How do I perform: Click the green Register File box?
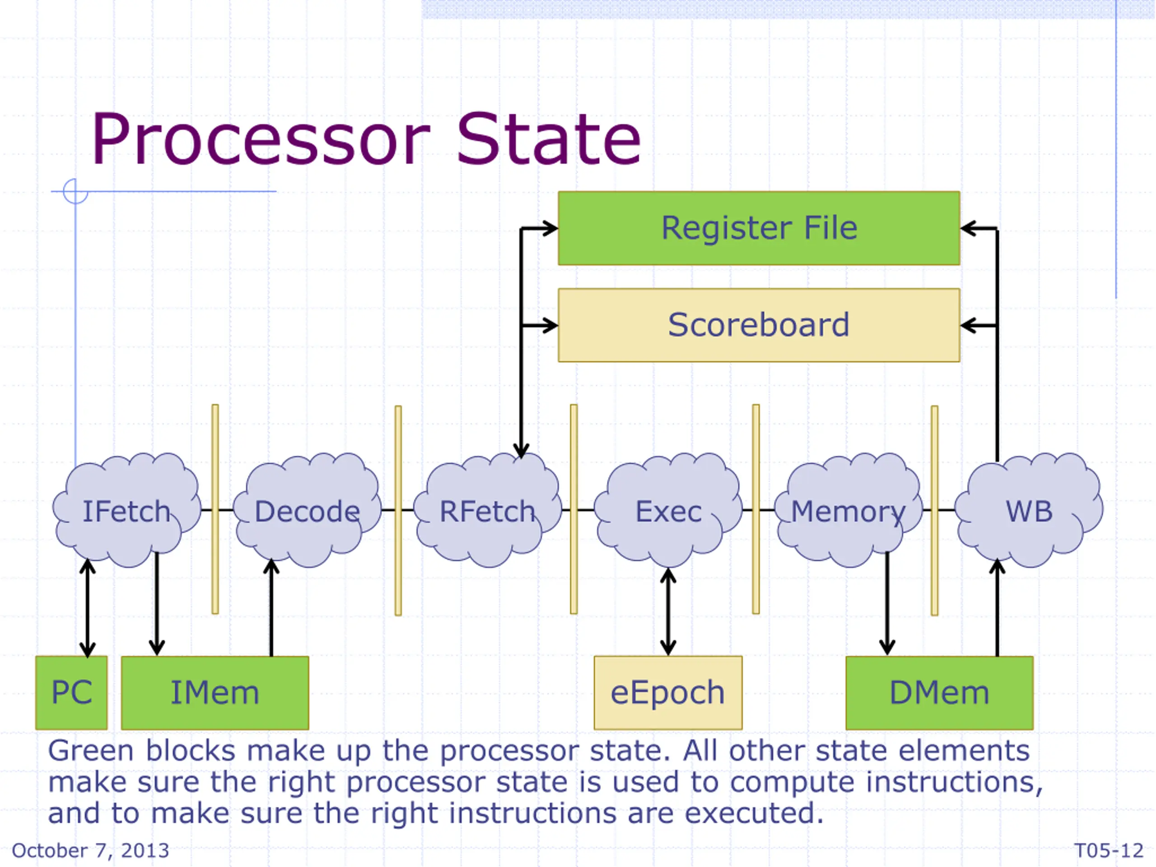759,228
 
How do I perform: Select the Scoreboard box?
759,325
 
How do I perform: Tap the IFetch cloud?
126,510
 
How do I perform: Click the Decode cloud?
308,510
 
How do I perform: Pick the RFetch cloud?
488,510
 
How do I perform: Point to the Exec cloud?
668,510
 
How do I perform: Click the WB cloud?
1029,510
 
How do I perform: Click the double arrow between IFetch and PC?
87,608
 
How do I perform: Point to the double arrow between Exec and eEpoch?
668,611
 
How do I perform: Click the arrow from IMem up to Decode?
271,607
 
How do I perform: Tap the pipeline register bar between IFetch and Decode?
215,509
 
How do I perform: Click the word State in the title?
549,139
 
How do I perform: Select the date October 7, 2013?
90,851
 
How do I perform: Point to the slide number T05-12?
1109,851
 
